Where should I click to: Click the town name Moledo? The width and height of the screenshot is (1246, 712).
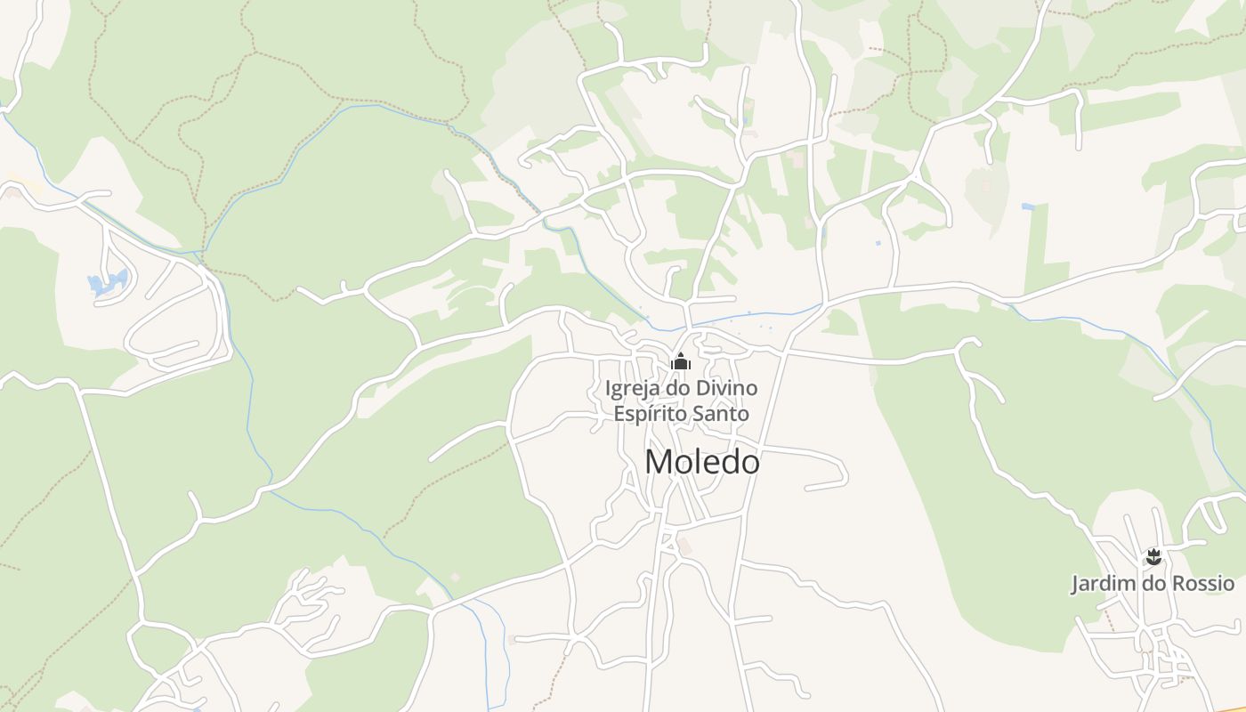tap(702, 462)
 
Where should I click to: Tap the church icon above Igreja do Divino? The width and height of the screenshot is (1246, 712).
tap(681, 361)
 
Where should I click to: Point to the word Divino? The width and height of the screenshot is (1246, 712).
tap(727, 389)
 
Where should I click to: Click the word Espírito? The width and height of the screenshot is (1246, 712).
tap(648, 414)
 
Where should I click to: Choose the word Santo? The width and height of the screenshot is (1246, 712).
tap(722, 414)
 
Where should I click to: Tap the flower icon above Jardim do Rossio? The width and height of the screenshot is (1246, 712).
tap(1153, 558)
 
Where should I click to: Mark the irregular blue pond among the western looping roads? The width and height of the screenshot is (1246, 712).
tap(108, 284)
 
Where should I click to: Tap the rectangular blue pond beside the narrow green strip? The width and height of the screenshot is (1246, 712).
tap(1029, 206)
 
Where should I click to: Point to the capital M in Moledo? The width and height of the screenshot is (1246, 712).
tap(658, 462)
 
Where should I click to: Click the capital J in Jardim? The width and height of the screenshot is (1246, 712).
tap(1075, 584)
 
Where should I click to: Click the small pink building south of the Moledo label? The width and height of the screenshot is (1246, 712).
tap(683, 543)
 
